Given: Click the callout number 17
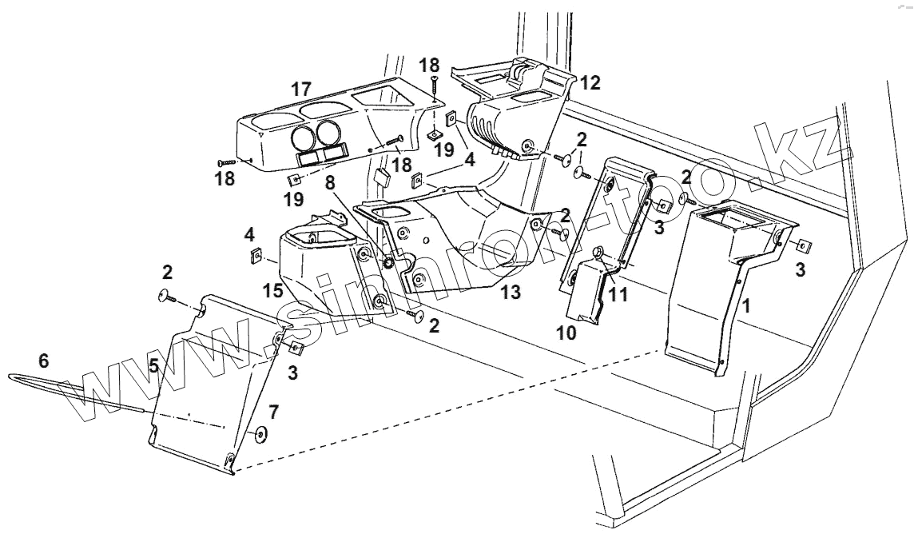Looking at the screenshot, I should [301, 88].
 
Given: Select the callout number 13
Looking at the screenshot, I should [511, 292].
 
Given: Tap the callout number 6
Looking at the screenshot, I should [44, 361].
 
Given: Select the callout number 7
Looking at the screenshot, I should [273, 412].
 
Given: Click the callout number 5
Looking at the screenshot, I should [153, 366].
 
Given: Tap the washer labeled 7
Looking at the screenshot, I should [260, 435].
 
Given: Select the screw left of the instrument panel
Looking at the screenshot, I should [228, 162].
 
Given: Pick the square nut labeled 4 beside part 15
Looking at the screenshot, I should [256, 256].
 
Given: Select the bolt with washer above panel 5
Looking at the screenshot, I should [171, 297].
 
